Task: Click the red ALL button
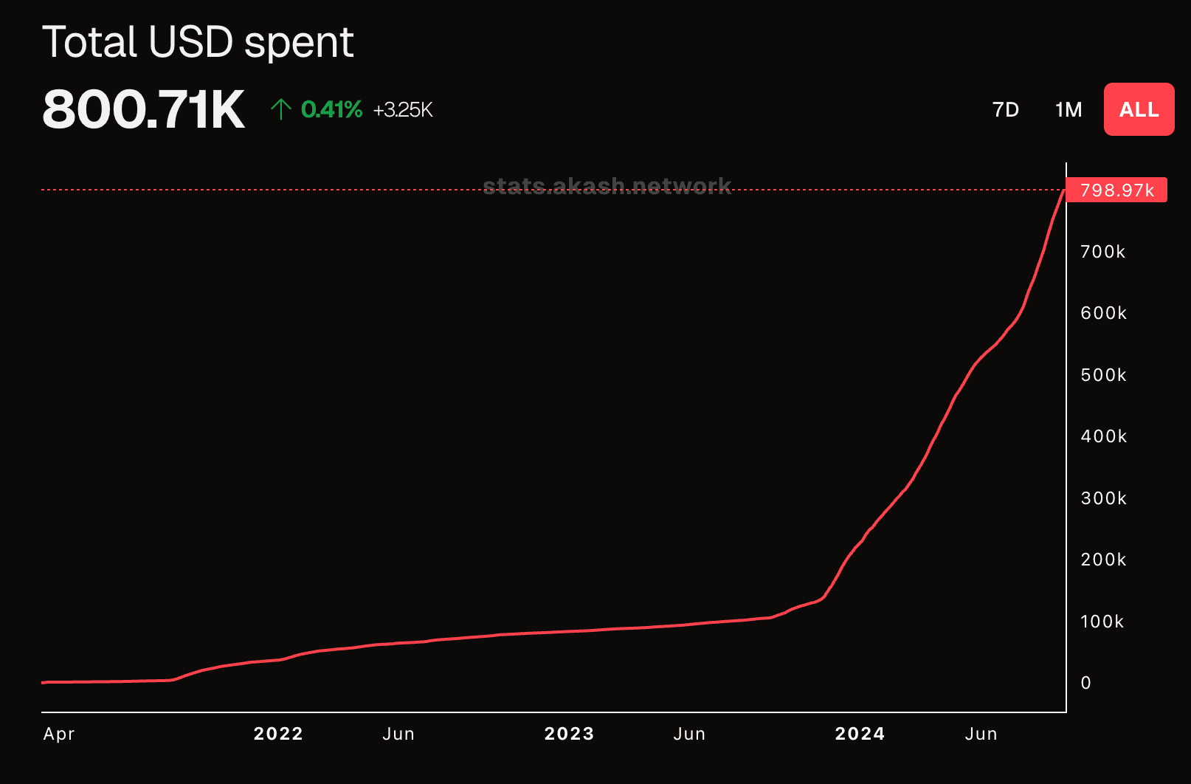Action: click(x=1139, y=109)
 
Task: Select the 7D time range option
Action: click(x=1005, y=110)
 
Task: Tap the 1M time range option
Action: click(x=1068, y=110)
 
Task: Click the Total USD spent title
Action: click(x=198, y=42)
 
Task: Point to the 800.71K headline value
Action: click(x=143, y=110)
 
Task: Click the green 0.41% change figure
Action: click(x=331, y=110)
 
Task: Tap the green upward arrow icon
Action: click(x=280, y=109)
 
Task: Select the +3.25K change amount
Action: click(x=403, y=110)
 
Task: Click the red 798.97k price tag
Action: click(x=1116, y=190)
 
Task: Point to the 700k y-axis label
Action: click(x=1102, y=252)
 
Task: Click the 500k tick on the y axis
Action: click(x=1103, y=375)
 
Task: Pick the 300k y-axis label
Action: click(x=1103, y=498)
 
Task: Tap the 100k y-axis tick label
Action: click(x=1102, y=622)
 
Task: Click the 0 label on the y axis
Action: click(x=1085, y=683)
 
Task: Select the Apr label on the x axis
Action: click(x=59, y=734)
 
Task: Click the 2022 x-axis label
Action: click(x=278, y=734)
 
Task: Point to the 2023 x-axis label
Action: click(x=569, y=734)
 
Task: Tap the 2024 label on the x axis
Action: click(x=860, y=734)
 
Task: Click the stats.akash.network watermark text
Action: click(x=607, y=185)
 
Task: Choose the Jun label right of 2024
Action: click(x=981, y=734)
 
